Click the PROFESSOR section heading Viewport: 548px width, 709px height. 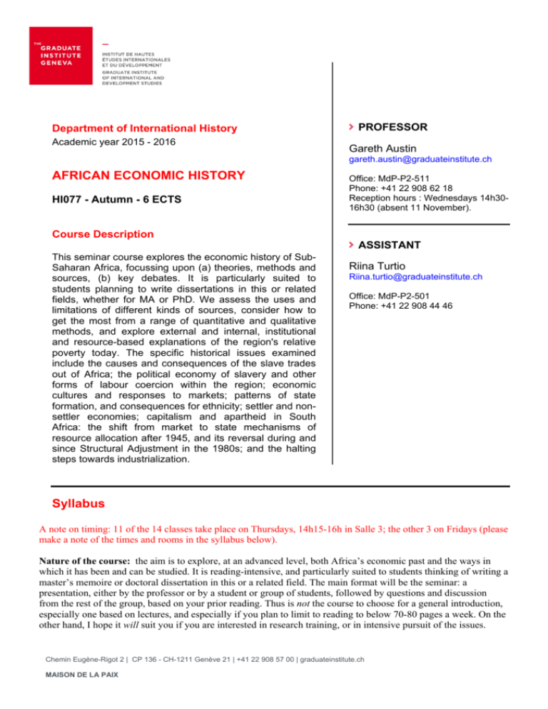coord(392,127)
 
